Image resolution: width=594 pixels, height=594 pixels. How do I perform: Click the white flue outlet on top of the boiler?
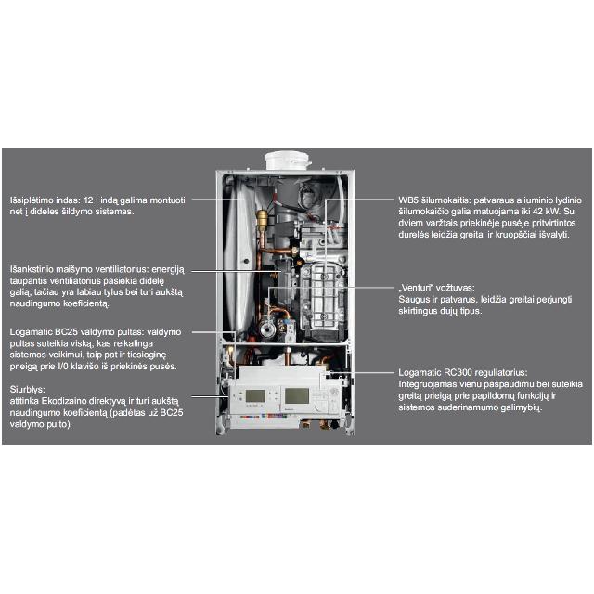tap(288, 161)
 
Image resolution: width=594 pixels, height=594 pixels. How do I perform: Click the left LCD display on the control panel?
tap(255, 396)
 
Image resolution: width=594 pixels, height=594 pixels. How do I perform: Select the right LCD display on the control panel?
tap(297, 396)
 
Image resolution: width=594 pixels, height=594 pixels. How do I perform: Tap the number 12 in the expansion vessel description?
tap(88, 200)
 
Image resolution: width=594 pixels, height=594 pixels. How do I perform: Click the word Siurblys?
tap(27, 390)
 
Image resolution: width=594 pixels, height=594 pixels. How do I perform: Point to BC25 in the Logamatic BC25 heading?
tap(66, 332)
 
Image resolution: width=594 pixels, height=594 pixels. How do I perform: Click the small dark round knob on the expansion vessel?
tap(246, 261)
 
